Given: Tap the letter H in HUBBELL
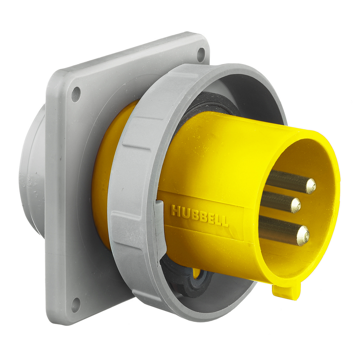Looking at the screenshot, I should [175, 211].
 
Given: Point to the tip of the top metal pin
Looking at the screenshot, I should [310, 186].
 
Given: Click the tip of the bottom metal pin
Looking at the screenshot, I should [303, 235].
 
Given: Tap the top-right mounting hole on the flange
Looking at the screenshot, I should [201, 54].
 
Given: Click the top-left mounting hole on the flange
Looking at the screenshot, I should [76, 94].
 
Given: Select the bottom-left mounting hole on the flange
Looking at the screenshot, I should [76, 304].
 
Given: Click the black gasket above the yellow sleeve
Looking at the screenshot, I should [207, 102].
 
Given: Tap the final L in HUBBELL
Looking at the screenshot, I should [225, 221].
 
